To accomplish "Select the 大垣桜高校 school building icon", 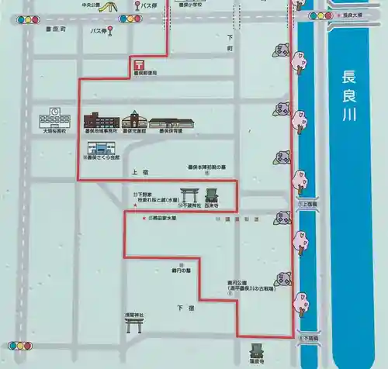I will click(57, 119).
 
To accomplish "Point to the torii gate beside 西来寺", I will click(189, 195).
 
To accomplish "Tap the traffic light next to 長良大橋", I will click(317, 16).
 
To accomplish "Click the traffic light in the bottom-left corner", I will click(21, 345).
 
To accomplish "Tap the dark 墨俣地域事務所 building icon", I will click(102, 121).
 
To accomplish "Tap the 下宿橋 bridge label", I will click(310, 339).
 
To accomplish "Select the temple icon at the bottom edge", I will click(257, 350).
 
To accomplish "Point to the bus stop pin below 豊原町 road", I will click(110, 32).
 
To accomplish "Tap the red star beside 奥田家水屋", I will click(144, 217).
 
